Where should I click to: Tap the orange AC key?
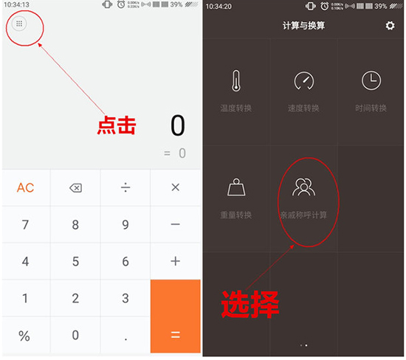coord(25,188)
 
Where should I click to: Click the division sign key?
coord(125,188)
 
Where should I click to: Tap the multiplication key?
coord(175,188)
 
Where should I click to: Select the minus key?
coord(175,225)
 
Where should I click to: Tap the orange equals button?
coord(175,317)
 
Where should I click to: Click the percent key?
coord(25,336)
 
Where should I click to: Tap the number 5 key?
coord(75,262)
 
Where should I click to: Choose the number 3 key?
coord(125,299)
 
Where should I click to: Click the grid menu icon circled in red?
coord(20,24)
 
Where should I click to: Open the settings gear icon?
coord(390,27)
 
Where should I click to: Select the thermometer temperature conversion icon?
coord(235,81)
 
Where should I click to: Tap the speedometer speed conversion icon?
coord(303,81)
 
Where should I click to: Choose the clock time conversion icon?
coord(371,81)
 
